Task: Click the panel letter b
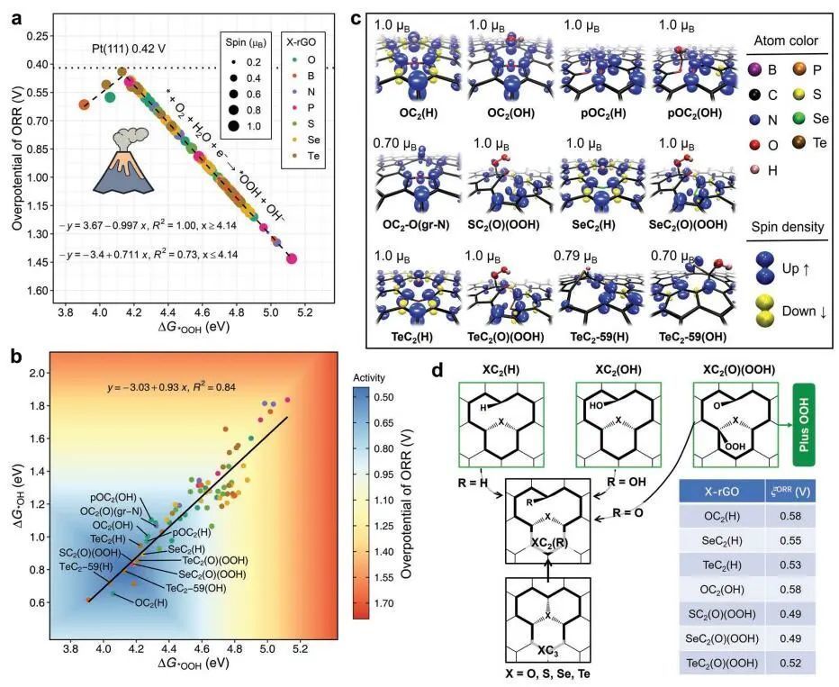point(16,331)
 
